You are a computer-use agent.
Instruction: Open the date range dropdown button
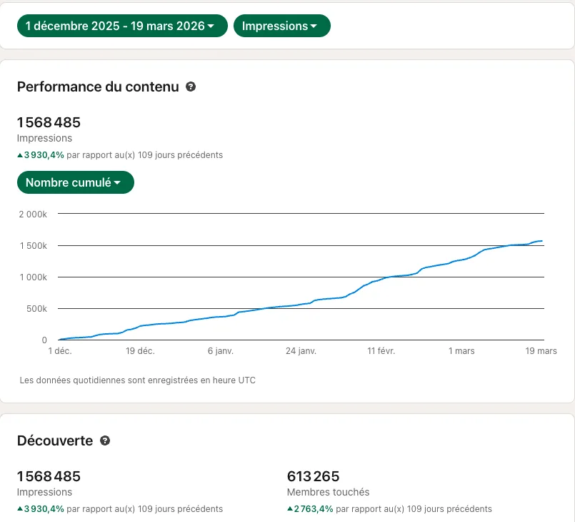(x=122, y=26)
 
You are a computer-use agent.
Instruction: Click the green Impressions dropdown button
(x=281, y=26)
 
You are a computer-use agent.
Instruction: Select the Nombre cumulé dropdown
(x=76, y=182)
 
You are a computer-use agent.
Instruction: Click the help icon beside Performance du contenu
(x=191, y=87)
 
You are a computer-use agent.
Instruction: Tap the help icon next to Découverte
(x=105, y=440)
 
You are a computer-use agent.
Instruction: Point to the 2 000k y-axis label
(x=33, y=215)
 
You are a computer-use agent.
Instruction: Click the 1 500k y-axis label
(x=34, y=245)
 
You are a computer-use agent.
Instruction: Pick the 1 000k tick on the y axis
(x=34, y=277)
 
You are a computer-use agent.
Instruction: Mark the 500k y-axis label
(x=36, y=309)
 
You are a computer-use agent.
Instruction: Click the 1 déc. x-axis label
(x=60, y=351)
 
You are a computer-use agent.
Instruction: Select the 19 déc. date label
(x=140, y=351)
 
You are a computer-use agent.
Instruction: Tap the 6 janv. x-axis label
(x=221, y=351)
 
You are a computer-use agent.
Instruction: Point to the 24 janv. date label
(x=301, y=351)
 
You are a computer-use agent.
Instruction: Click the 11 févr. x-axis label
(x=381, y=351)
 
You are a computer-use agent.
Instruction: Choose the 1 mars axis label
(x=461, y=351)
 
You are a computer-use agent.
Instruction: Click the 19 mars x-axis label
(x=541, y=351)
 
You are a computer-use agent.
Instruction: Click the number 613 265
(x=313, y=476)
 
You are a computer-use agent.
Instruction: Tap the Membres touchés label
(x=328, y=492)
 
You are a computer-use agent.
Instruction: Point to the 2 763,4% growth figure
(x=314, y=509)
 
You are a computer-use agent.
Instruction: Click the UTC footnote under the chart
(x=138, y=380)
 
